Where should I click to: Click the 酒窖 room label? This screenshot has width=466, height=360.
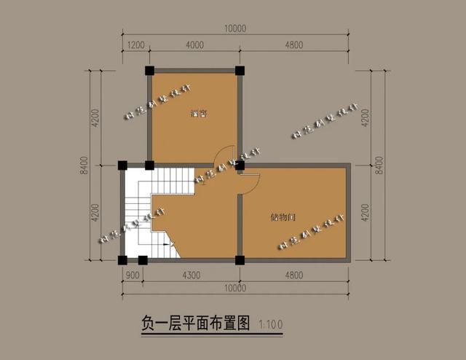(x=196, y=113)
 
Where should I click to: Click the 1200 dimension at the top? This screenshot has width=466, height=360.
(x=135, y=44)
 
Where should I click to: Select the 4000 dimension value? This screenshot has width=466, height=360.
(x=194, y=44)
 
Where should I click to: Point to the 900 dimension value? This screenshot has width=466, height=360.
(x=133, y=275)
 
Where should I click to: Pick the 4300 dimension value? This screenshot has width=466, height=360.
(x=191, y=275)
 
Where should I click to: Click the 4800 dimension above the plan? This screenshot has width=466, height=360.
(x=294, y=44)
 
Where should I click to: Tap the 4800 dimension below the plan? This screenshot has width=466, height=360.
(x=294, y=275)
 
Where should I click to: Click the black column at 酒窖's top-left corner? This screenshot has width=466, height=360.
(x=149, y=71)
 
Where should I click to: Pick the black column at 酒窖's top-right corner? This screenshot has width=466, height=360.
(x=240, y=71)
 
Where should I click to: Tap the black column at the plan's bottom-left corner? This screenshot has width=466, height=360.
(x=122, y=259)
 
